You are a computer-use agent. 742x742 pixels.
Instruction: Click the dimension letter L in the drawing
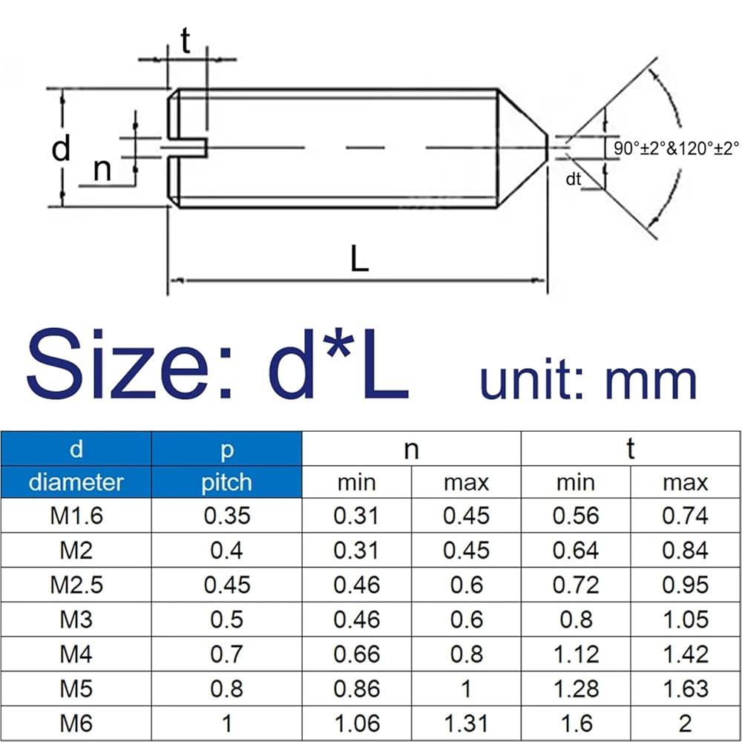tap(360, 258)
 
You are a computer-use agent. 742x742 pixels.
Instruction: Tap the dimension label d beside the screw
tap(61, 148)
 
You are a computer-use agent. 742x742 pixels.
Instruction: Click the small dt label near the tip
tap(573, 179)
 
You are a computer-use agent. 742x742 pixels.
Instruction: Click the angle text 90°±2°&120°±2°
tap(676, 148)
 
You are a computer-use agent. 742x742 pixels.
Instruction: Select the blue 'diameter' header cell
tap(76, 482)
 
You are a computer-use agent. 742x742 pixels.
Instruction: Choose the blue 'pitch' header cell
tap(226, 482)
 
